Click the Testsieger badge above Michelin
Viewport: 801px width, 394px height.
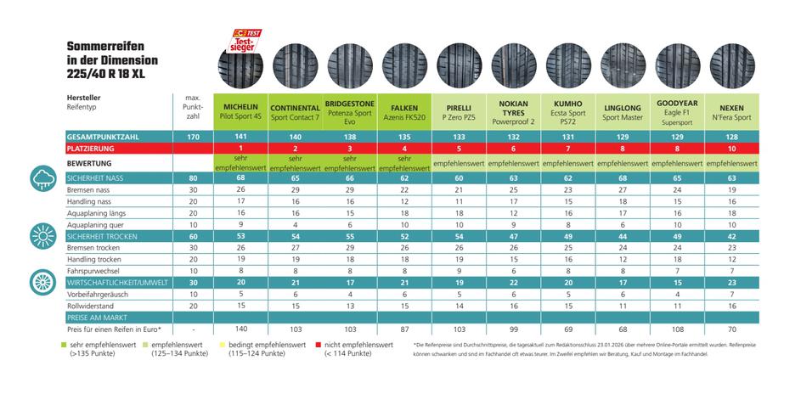point(246,39)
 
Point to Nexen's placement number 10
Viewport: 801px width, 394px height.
point(732,149)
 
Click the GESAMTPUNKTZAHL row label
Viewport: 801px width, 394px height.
point(101,136)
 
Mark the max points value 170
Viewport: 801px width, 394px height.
point(193,136)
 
